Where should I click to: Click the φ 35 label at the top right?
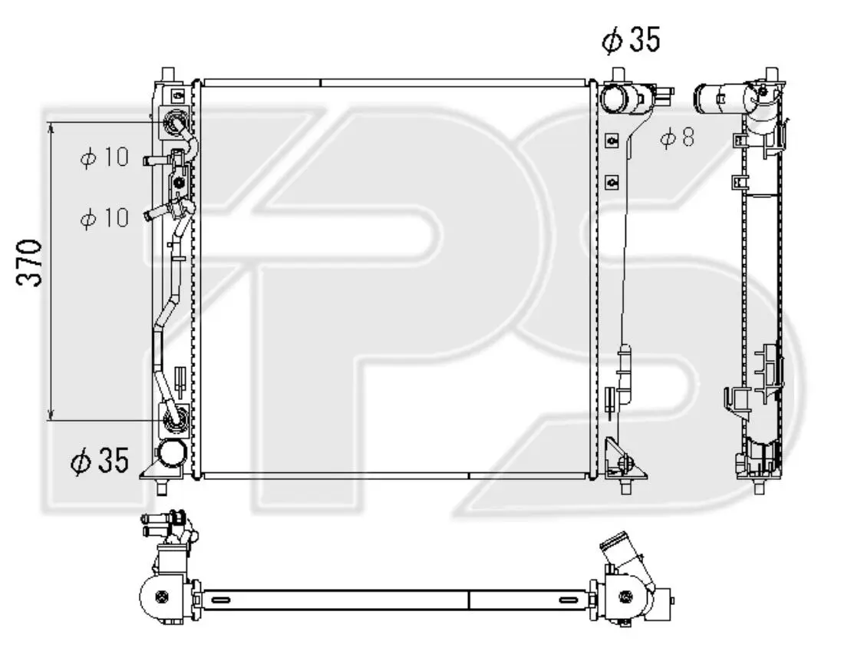(x=631, y=40)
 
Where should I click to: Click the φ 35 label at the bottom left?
(x=101, y=461)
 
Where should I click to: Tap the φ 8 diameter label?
(x=677, y=138)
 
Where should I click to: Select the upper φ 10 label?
(x=104, y=157)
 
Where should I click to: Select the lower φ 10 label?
(x=104, y=217)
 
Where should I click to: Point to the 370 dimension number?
(x=29, y=263)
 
